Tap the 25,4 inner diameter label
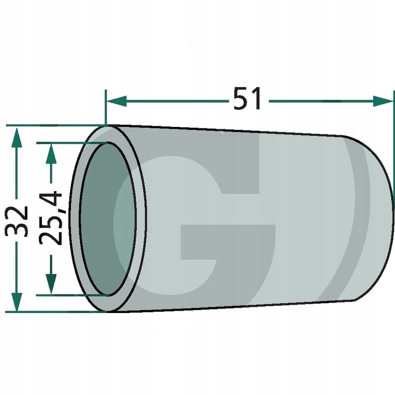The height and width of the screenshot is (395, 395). (x=50, y=218)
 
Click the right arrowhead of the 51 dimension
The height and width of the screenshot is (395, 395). (x=385, y=101)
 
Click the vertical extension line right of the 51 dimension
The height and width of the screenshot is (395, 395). (x=394, y=148)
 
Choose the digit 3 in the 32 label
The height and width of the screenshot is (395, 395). (x=17, y=230)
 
